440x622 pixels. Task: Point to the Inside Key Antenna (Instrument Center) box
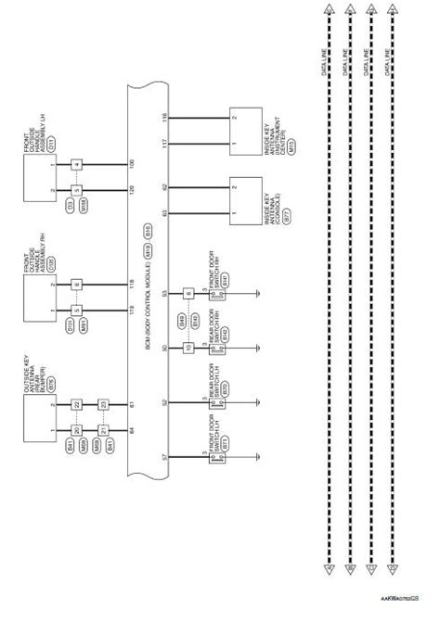(248, 129)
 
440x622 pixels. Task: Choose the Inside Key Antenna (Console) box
(248, 198)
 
